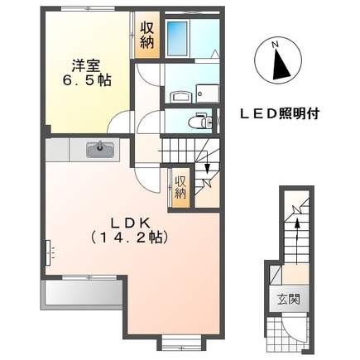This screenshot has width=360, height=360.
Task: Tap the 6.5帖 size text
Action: tap(84, 81)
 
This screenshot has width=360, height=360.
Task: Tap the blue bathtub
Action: tap(178, 38)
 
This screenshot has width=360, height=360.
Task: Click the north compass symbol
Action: tap(279, 63)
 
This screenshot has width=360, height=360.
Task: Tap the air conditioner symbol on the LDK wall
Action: tap(49, 249)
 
